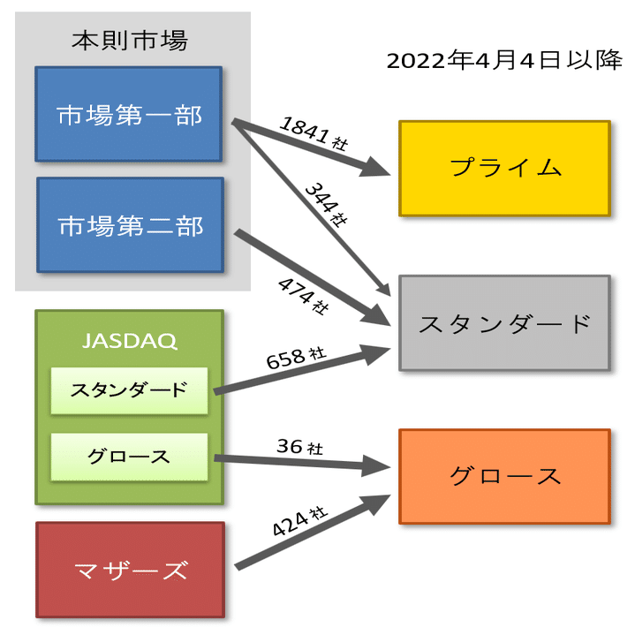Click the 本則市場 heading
[x=130, y=41]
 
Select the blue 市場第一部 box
[x=129, y=114]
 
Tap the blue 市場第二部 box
[x=131, y=224]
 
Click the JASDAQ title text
[x=130, y=341]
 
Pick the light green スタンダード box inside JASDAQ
[x=129, y=390]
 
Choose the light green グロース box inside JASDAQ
[x=129, y=457]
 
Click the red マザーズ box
[x=131, y=570]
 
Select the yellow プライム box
[x=504, y=168]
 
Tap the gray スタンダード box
[x=504, y=323]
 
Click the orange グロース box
[x=504, y=476]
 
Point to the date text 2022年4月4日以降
[x=504, y=60]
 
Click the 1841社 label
[x=314, y=132]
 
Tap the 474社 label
[x=303, y=296]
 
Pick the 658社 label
[x=296, y=358]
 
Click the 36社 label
[x=299, y=447]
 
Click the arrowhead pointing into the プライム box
[x=374, y=168]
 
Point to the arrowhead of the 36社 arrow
[x=376, y=466]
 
